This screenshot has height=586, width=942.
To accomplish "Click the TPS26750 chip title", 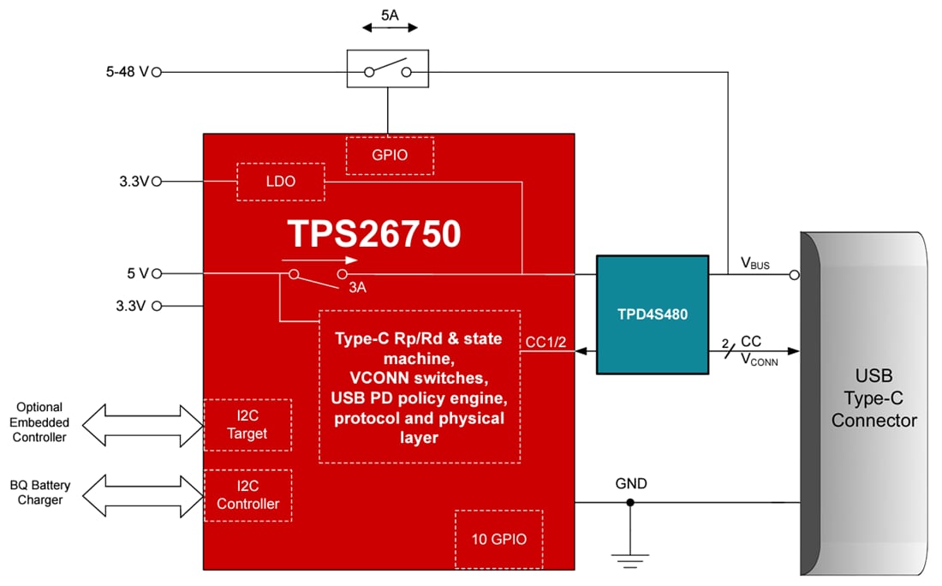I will [373, 234].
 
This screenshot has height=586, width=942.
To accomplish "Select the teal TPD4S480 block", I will [653, 314].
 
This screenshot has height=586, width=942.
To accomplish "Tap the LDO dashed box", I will [280, 182].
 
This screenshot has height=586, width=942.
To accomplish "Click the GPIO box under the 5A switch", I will [390, 155].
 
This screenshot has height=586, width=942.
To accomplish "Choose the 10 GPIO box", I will [498, 539].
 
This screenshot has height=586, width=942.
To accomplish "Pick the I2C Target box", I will [247, 425].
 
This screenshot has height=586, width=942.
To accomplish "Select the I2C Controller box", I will [247, 495].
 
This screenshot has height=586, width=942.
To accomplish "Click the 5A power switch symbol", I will [387, 69].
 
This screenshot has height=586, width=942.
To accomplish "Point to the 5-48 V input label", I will [122, 73].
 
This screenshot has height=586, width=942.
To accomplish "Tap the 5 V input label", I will [137, 274].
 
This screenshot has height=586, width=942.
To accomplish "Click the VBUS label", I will [754, 264].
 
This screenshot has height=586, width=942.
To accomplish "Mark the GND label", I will [631, 484].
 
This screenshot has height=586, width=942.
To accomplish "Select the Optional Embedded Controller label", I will [39, 422].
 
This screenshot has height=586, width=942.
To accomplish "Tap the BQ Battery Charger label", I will [40, 493].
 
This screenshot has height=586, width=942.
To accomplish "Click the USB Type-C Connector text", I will [873, 398].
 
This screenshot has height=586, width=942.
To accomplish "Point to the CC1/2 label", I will [546, 343].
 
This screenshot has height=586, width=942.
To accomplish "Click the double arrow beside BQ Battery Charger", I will [141, 494].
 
